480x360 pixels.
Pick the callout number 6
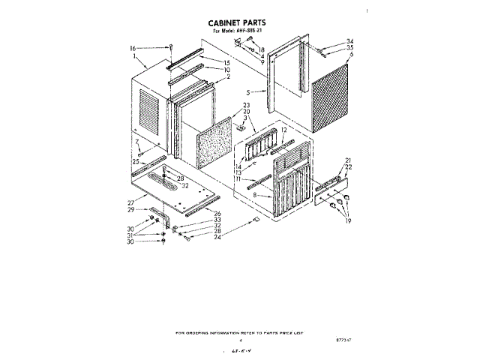350,54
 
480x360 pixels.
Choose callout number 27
130,202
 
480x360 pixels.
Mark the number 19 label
348,221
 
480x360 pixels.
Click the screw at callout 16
171,49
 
